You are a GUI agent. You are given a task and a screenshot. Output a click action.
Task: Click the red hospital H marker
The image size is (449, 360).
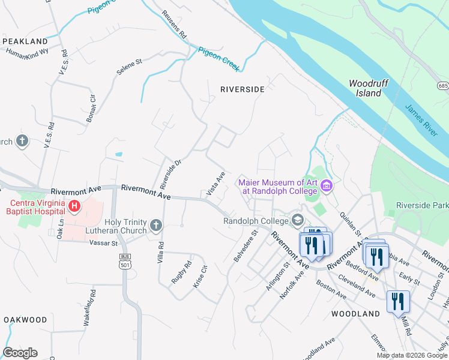click(74, 207)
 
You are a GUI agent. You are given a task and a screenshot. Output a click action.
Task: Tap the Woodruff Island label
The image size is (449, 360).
click(366, 88)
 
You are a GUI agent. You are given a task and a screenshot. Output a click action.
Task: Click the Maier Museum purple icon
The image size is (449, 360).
click(327, 187)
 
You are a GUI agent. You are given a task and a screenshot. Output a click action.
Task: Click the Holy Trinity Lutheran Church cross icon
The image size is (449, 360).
click(155, 226)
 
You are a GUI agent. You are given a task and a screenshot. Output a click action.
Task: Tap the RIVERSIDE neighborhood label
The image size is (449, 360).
click(242, 89)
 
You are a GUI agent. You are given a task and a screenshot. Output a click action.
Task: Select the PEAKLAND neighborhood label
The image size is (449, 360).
click(25, 41)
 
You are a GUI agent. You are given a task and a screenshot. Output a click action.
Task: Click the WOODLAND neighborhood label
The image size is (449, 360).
click(355, 314)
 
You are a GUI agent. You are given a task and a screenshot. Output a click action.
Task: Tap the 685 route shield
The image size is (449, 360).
click(443, 86)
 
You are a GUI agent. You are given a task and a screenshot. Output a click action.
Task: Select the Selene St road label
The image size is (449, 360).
click(129, 65)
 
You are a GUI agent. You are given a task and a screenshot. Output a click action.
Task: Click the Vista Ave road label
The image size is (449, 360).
click(215, 184)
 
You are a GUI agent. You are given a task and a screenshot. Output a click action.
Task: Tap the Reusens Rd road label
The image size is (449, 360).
click(175, 26)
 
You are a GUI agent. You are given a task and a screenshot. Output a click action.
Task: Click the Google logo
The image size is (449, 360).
click(20, 353)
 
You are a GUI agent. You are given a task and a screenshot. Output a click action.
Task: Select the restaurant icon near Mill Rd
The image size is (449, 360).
click(397, 301)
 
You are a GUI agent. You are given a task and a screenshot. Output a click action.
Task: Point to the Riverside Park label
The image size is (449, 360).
click(423, 205)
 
